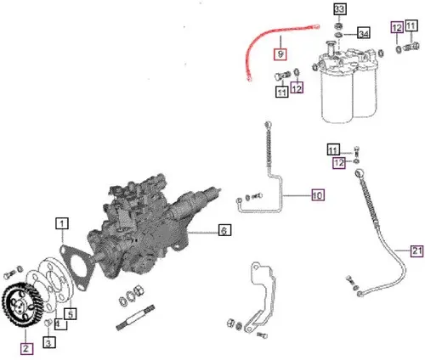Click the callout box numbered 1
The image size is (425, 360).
pyautogui.click(x=63, y=224)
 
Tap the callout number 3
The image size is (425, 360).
pyautogui.click(x=48, y=343)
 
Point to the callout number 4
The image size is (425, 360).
pyautogui.click(x=58, y=323)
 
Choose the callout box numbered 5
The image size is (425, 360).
pyautogui.click(x=72, y=313)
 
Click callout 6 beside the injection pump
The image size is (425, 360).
pyautogui.click(x=224, y=230)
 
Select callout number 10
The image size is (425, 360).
pyautogui.click(x=316, y=195)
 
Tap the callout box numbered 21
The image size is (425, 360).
pyautogui.click(x=415, y=250)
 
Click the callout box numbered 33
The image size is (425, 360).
pyautogui.click(x=339, y=8)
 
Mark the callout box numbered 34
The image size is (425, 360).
pyautogui.click(x=363, y=33)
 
